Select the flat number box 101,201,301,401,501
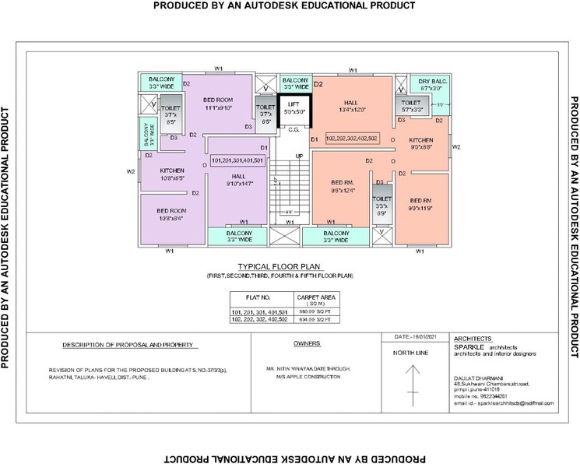coord(238,160)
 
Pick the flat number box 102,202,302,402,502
coord(352,138)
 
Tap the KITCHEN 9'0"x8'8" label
coord(427,144)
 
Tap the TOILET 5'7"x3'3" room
coord(411,106)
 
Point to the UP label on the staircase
coord(299,156)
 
